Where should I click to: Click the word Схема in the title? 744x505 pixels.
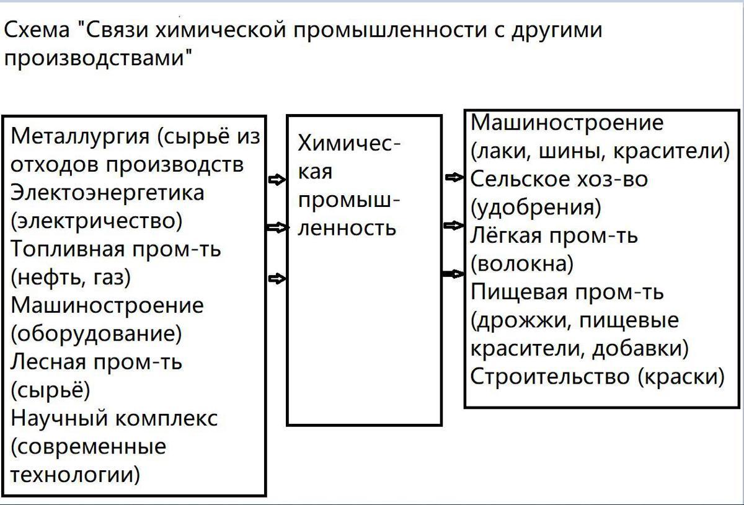[37, 30]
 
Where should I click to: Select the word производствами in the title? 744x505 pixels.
[99, 59]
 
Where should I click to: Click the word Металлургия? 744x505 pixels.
[80, 137]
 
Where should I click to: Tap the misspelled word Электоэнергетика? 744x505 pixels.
[107, 193]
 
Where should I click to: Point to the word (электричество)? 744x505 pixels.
[96, 221]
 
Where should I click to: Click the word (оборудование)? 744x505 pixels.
[96, 334]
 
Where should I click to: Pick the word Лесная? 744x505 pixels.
[48, 362]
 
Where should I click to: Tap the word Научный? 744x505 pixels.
[59, 419]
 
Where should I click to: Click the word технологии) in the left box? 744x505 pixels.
[76, 475]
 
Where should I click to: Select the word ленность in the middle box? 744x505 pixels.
[347, 228]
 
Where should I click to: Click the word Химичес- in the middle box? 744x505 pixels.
[350, 143]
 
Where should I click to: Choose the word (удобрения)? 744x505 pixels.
[536, 208]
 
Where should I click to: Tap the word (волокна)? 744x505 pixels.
[522, 264]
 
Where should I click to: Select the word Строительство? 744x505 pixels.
[550, 377]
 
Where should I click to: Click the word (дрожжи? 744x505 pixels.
[521, 321]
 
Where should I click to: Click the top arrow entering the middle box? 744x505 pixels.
[277, 180]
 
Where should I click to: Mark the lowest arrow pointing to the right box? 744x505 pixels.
[453, 274]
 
